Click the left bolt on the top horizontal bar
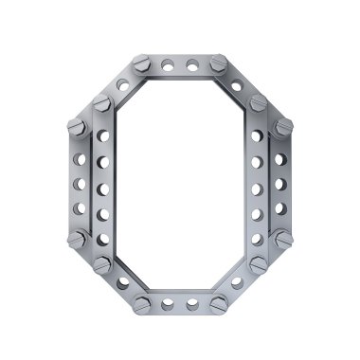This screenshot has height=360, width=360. click(x=142, y=63)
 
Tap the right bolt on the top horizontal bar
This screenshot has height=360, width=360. click(x=219, y=63)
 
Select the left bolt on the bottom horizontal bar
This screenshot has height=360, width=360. click(x=142, y=305)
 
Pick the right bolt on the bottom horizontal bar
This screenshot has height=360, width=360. click(x=219, y=304)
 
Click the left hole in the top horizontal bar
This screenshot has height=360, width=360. click(x=168, y=65)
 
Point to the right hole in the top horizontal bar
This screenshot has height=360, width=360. click(x=192, y=65)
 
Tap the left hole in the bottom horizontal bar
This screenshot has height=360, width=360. click(x=168, y=304)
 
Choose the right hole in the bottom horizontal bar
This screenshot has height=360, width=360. click(x=192, y=304)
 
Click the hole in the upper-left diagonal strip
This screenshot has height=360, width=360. click(x=123, y=85)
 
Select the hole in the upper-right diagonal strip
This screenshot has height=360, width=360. click(x=237, y=86)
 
